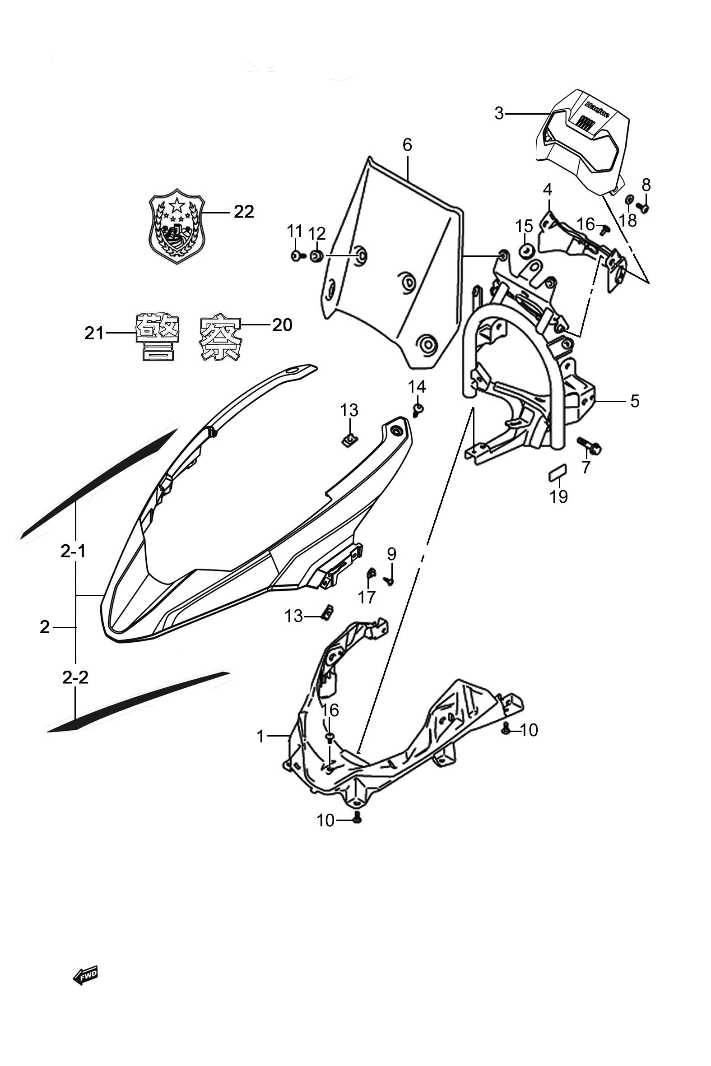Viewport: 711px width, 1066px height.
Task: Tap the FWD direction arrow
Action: click(x=85, y=975)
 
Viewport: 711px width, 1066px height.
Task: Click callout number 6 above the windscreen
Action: click(x=407, y=145)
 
